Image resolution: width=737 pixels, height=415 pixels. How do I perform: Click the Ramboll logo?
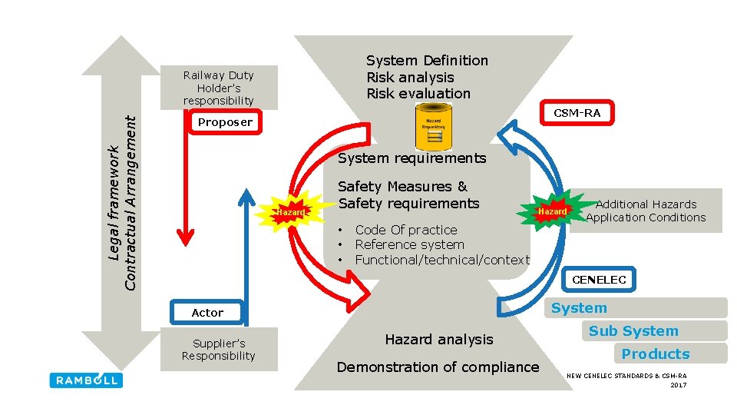pos(85,380)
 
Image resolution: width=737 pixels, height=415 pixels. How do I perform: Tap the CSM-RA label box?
pos(577,113)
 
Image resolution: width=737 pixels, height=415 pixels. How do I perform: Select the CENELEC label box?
pos(599,280)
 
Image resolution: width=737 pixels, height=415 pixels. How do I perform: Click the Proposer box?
pos(225,122)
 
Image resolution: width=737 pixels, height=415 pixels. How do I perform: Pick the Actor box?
pos(207,313)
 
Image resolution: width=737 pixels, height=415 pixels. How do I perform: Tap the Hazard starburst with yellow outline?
pos(291,211)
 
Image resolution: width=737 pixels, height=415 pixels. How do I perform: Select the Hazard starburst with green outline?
pos(552,211)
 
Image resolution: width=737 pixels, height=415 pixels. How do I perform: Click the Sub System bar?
pos(633,331)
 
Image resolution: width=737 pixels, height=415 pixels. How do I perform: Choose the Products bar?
pos(656,354)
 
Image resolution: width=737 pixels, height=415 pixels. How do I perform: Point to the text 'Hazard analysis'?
pos(438,339)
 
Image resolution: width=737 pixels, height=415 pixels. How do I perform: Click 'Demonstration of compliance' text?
pos(438,367)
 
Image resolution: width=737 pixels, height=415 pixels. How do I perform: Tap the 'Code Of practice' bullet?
pos(405,230)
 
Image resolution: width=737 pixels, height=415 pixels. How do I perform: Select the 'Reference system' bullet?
pos(409,244)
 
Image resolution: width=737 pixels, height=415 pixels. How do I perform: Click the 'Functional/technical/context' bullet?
pos(442,260)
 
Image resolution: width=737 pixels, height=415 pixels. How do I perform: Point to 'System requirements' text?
pos(411,158)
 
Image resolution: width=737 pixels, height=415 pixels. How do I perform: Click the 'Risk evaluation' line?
pos(418,94)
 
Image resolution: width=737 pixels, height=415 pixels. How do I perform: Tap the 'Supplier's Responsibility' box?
pos(219,350)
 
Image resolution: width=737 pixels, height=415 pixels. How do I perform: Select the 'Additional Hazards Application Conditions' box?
pos(646,211)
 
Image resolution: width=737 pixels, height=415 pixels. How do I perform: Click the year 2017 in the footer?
pos(678,384)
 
